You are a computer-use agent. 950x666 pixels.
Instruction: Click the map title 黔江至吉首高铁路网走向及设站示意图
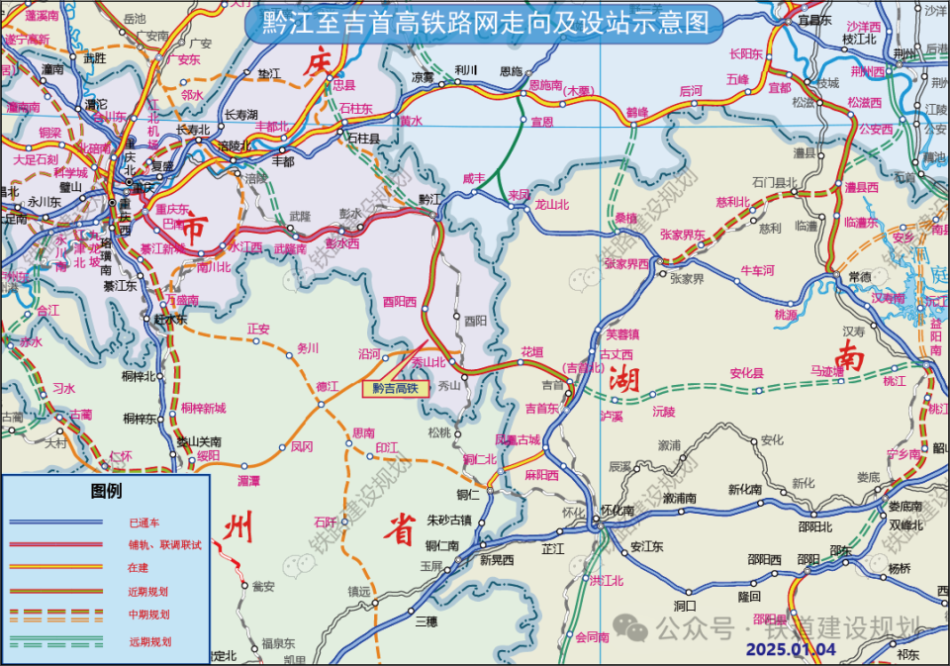(x=486, y=22)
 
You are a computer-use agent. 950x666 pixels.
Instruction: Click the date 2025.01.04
(x=791, y=649)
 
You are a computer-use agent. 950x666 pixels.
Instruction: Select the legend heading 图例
(x=106, y=491)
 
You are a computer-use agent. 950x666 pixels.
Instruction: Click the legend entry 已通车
(x=144, y=522)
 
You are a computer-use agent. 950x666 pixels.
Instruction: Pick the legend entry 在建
(x=139, y=568)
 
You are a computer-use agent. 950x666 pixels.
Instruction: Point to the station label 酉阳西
(x=399, y=303)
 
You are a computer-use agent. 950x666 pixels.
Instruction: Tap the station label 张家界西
(x=626, y=263)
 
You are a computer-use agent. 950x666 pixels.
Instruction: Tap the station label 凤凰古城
(x=518, y=439)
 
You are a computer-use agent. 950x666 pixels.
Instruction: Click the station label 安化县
(x=747, y=373)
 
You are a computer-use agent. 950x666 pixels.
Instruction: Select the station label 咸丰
(x=474, y=178)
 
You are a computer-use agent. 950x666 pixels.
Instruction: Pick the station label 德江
(x=327, y=386)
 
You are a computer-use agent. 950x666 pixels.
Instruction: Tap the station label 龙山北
(x=552, y=205)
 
